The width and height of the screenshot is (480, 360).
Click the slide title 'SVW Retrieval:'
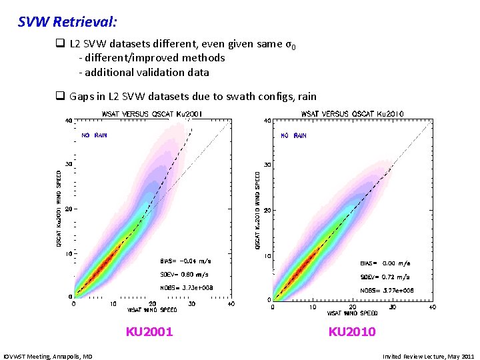pyautogui.click(x=67, y=22)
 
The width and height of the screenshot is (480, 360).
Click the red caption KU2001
pyautogui.click(x=149, y=331)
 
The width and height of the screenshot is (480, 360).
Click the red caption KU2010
pyautogui.click(x=352, y=331)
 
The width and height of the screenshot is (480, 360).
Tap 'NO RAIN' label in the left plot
pyautogui.click(x=95, y=135)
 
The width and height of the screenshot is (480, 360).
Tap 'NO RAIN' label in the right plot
pyautogui.click(x=293, y=135)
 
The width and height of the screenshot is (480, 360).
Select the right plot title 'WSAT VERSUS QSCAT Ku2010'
pyautogui.click(x=355, y=113)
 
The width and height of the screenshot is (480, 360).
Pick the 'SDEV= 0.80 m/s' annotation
pyautogui.click(x=185, y=274)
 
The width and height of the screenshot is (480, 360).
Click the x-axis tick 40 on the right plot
pyautogui.click(x=432, y=307)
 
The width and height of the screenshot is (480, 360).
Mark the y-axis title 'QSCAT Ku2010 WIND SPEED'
pyautogui.click(x=259, y=209)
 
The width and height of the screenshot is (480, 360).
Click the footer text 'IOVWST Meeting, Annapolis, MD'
pyautogui.click(x=48, y=357)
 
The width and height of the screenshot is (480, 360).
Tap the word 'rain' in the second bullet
pyautogui.click(x=307, y=96)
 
